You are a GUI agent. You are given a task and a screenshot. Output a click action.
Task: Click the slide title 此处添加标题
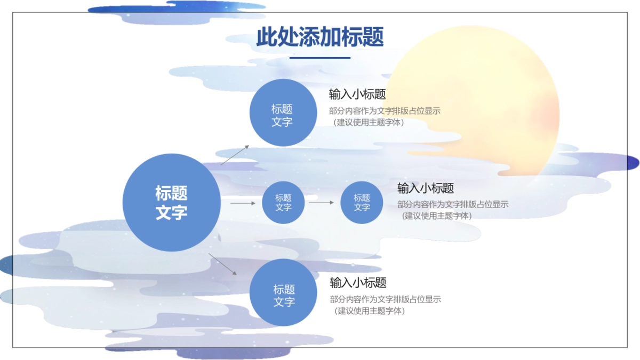tap(319, 37)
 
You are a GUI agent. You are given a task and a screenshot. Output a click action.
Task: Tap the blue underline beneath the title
tap(319, 58)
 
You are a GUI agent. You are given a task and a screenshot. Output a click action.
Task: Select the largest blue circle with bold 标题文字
tap(171, 203)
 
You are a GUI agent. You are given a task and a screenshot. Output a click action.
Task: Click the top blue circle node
tap(283, 113)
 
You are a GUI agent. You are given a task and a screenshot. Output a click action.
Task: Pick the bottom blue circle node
tap(283, 292)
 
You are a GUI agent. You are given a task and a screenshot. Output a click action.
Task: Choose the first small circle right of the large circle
tap(283, 203)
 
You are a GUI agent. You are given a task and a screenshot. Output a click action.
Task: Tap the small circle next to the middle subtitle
tap(362, 203)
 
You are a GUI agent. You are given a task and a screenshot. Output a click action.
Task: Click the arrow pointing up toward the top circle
tap(235, 155)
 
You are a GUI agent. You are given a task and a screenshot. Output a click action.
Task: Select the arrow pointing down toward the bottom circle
tap(222, 265)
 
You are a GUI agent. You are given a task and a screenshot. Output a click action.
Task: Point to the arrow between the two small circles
tap(322, 203)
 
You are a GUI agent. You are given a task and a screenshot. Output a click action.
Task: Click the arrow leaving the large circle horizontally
tap(243, 203)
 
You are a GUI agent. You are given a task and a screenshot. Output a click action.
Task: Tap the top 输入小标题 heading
tap(357, 94)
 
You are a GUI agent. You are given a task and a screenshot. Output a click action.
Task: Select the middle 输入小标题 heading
tap(426, 188)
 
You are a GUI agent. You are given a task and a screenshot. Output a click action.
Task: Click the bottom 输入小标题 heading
tap(358, 283)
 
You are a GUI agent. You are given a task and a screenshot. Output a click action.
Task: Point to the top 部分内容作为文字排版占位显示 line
tap(385, 111)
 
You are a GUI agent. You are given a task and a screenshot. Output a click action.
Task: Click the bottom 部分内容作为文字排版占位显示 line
tap(385, 299)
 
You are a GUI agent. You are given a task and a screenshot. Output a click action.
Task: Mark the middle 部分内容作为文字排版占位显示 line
tap(453, 204)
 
